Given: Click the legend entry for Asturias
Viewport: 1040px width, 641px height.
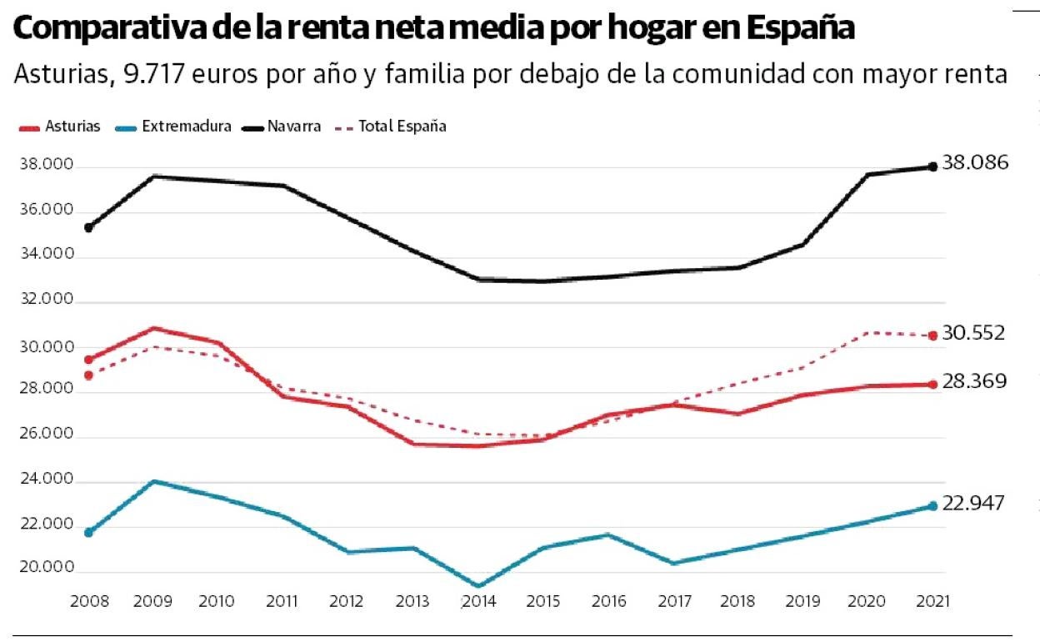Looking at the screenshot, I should point(58,127).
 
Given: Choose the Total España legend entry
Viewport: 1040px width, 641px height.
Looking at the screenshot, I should point(391,127).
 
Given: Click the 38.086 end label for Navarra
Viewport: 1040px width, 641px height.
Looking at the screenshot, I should point(975,163).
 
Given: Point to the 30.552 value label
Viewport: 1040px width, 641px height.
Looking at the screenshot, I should point(973,334).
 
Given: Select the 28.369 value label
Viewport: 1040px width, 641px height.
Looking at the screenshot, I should point(973,382).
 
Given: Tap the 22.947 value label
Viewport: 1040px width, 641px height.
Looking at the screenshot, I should point(973,504).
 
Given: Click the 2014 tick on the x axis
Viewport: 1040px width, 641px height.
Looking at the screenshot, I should point(478,601).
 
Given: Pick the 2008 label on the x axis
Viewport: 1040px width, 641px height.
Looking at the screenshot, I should point(89,601).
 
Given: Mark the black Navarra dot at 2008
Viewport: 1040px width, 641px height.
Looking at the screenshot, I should point(89,227).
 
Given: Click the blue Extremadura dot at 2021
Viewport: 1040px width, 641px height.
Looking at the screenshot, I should point(932,506).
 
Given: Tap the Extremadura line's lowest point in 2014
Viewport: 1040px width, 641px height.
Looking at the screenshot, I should point(478,586).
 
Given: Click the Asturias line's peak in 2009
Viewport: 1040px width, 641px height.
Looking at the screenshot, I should point(154,328).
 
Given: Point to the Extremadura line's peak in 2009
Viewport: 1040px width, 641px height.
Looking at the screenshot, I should point(154,481).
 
